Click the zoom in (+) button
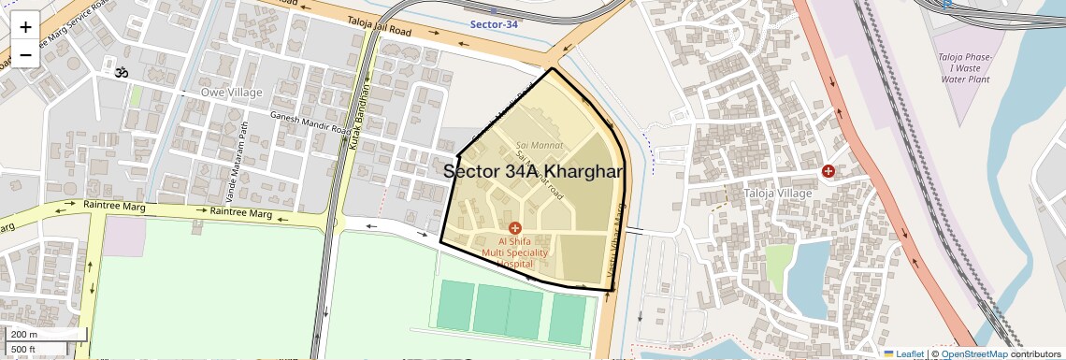25,26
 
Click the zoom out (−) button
25,54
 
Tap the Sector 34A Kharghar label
533,171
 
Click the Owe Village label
232,93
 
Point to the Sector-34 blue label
494,24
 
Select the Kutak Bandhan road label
355,117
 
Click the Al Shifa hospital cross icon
514,228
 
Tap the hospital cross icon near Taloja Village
828,171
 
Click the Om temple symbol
121,72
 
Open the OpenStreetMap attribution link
974,353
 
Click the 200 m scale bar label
24,334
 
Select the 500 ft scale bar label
24,349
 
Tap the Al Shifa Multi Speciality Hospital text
515,252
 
